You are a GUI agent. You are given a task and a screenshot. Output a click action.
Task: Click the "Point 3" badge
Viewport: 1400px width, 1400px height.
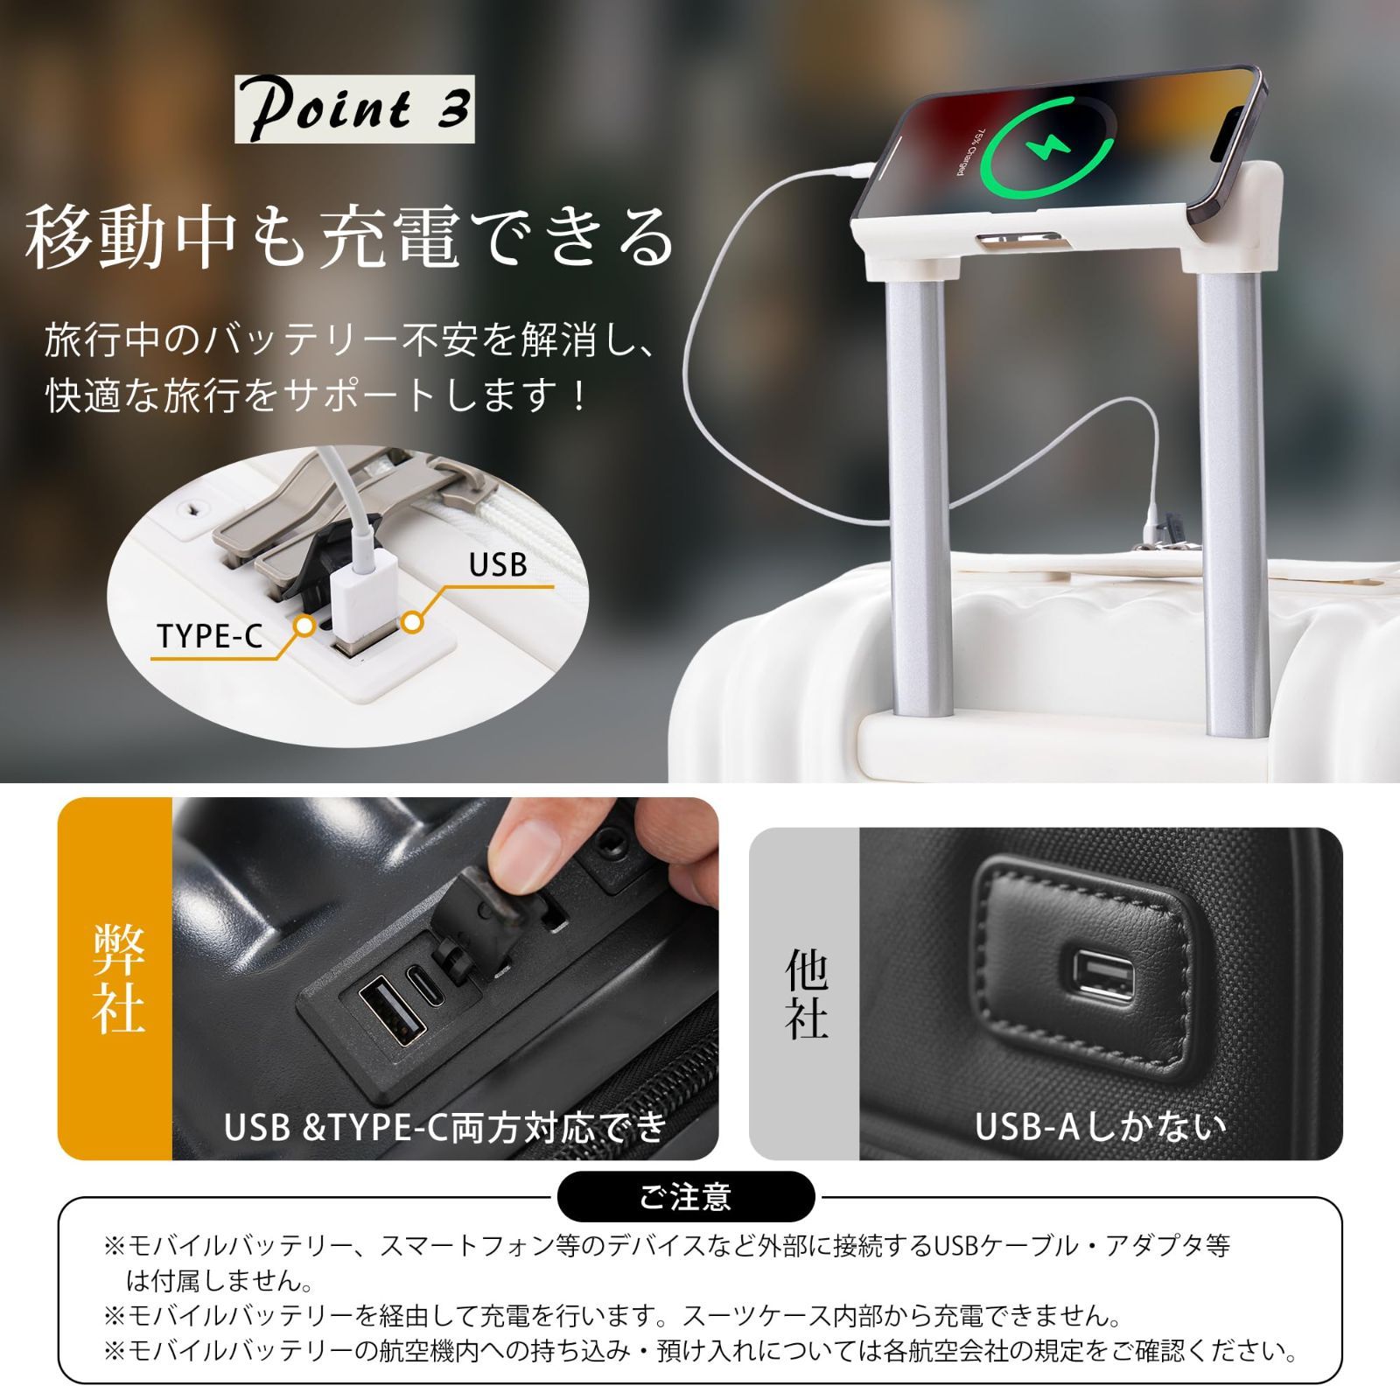pos(354,109)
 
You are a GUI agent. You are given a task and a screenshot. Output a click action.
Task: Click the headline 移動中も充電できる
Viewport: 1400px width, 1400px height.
pos(350,236)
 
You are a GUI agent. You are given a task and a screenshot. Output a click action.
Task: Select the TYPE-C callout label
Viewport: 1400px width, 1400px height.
pos(210,636)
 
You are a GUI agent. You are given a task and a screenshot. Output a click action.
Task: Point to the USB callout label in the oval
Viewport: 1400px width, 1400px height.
pos(498,564)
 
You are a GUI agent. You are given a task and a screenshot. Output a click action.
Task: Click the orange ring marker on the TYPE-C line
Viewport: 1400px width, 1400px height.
pos(304,626)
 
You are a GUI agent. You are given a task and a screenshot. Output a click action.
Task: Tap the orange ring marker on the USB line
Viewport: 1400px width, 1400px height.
pos(413,623)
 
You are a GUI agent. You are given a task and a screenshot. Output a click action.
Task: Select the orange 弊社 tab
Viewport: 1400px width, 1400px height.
pos(115,978)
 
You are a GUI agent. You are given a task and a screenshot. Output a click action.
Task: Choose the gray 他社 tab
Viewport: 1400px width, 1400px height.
pos(805,993)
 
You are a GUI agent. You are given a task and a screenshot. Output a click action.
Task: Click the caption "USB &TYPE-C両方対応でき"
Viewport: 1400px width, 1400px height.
pos(445,1128)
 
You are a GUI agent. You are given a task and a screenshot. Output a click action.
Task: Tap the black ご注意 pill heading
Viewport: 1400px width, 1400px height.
pos(685,1196)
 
